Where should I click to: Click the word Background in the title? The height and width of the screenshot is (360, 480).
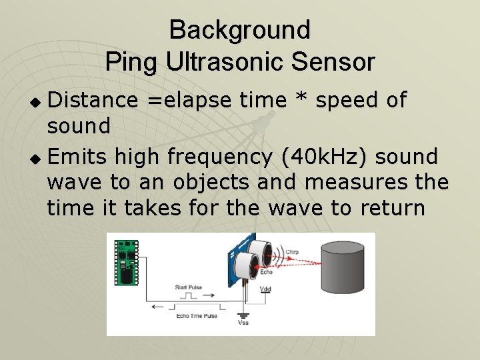pos(240,30)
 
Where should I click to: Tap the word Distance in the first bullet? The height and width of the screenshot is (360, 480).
pos(93,100)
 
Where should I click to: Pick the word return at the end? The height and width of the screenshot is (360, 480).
pos(391,208)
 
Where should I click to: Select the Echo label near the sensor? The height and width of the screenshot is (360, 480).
pos(266,271)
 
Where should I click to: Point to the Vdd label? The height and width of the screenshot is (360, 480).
pos(266,289)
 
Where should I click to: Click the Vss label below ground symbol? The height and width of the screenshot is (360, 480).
pos(243,323)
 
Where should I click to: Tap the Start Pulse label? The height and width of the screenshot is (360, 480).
pos(189,287)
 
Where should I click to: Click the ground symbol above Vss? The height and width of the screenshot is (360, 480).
pos(243,313)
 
